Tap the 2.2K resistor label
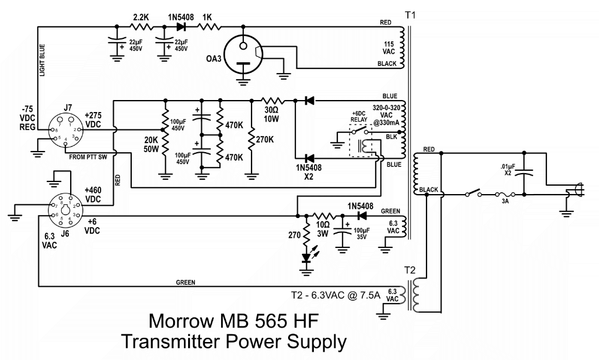[141, 18]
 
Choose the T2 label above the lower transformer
[409, 270]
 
